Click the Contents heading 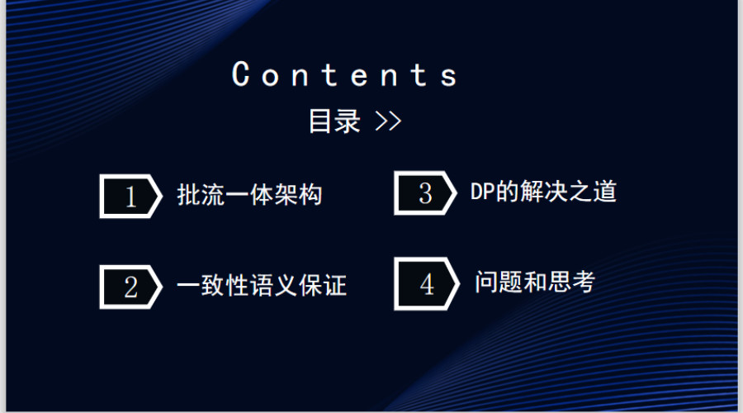(344, 74)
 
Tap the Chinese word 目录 (334, 121)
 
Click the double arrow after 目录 (388, 121)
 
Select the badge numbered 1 (130, 197)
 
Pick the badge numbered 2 (130, 287)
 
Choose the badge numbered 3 (425, 193)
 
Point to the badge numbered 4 (427, 284)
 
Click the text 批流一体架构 (249, 195)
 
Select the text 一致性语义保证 (262, 286)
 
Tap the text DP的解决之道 (543, 192)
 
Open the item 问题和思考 (535, 282)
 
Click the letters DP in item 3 (482, 192)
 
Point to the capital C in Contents (241, 74)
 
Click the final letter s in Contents (449, 77)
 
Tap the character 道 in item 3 (604, 192)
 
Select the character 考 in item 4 (584, 282)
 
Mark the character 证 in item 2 (335, 286)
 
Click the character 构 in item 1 (310, 195)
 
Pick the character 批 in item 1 (188, 195)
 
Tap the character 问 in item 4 (486, 282)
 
